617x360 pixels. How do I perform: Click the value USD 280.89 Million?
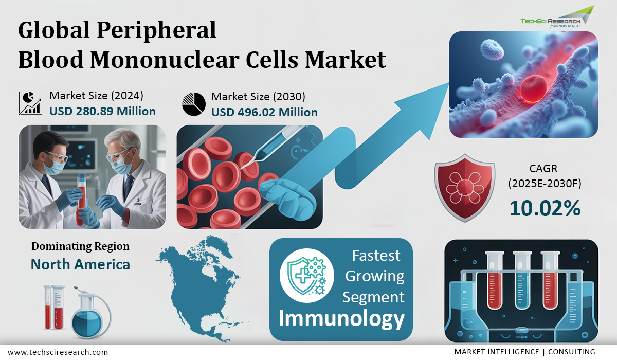coord(102,111)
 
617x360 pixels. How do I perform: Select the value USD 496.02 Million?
coord(264,113)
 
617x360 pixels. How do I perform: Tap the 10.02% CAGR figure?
coord(545,208)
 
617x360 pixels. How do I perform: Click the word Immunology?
coord(341,319)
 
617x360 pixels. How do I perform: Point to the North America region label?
coord(80,264)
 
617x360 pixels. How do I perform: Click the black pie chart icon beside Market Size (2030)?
coord(194,104)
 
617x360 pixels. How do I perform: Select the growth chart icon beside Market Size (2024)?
coord(30,103)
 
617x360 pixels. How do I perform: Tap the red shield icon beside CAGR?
coord(465,188)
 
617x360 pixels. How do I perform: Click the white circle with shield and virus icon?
coord(307,276)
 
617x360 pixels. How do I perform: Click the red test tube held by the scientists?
coord(81,199)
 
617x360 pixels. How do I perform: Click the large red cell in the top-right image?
coord(534,88)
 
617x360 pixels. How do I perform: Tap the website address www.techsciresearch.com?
coord(58,352)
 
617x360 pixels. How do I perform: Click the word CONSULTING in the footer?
coord(572,352)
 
